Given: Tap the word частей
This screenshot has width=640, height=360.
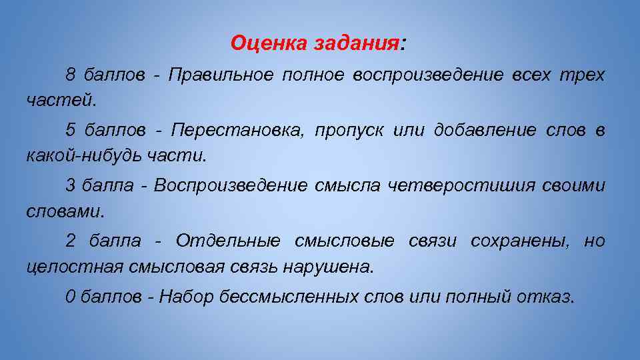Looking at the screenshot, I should click(x=61, y=101).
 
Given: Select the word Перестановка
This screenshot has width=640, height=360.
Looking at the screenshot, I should click(x=229, y=130).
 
